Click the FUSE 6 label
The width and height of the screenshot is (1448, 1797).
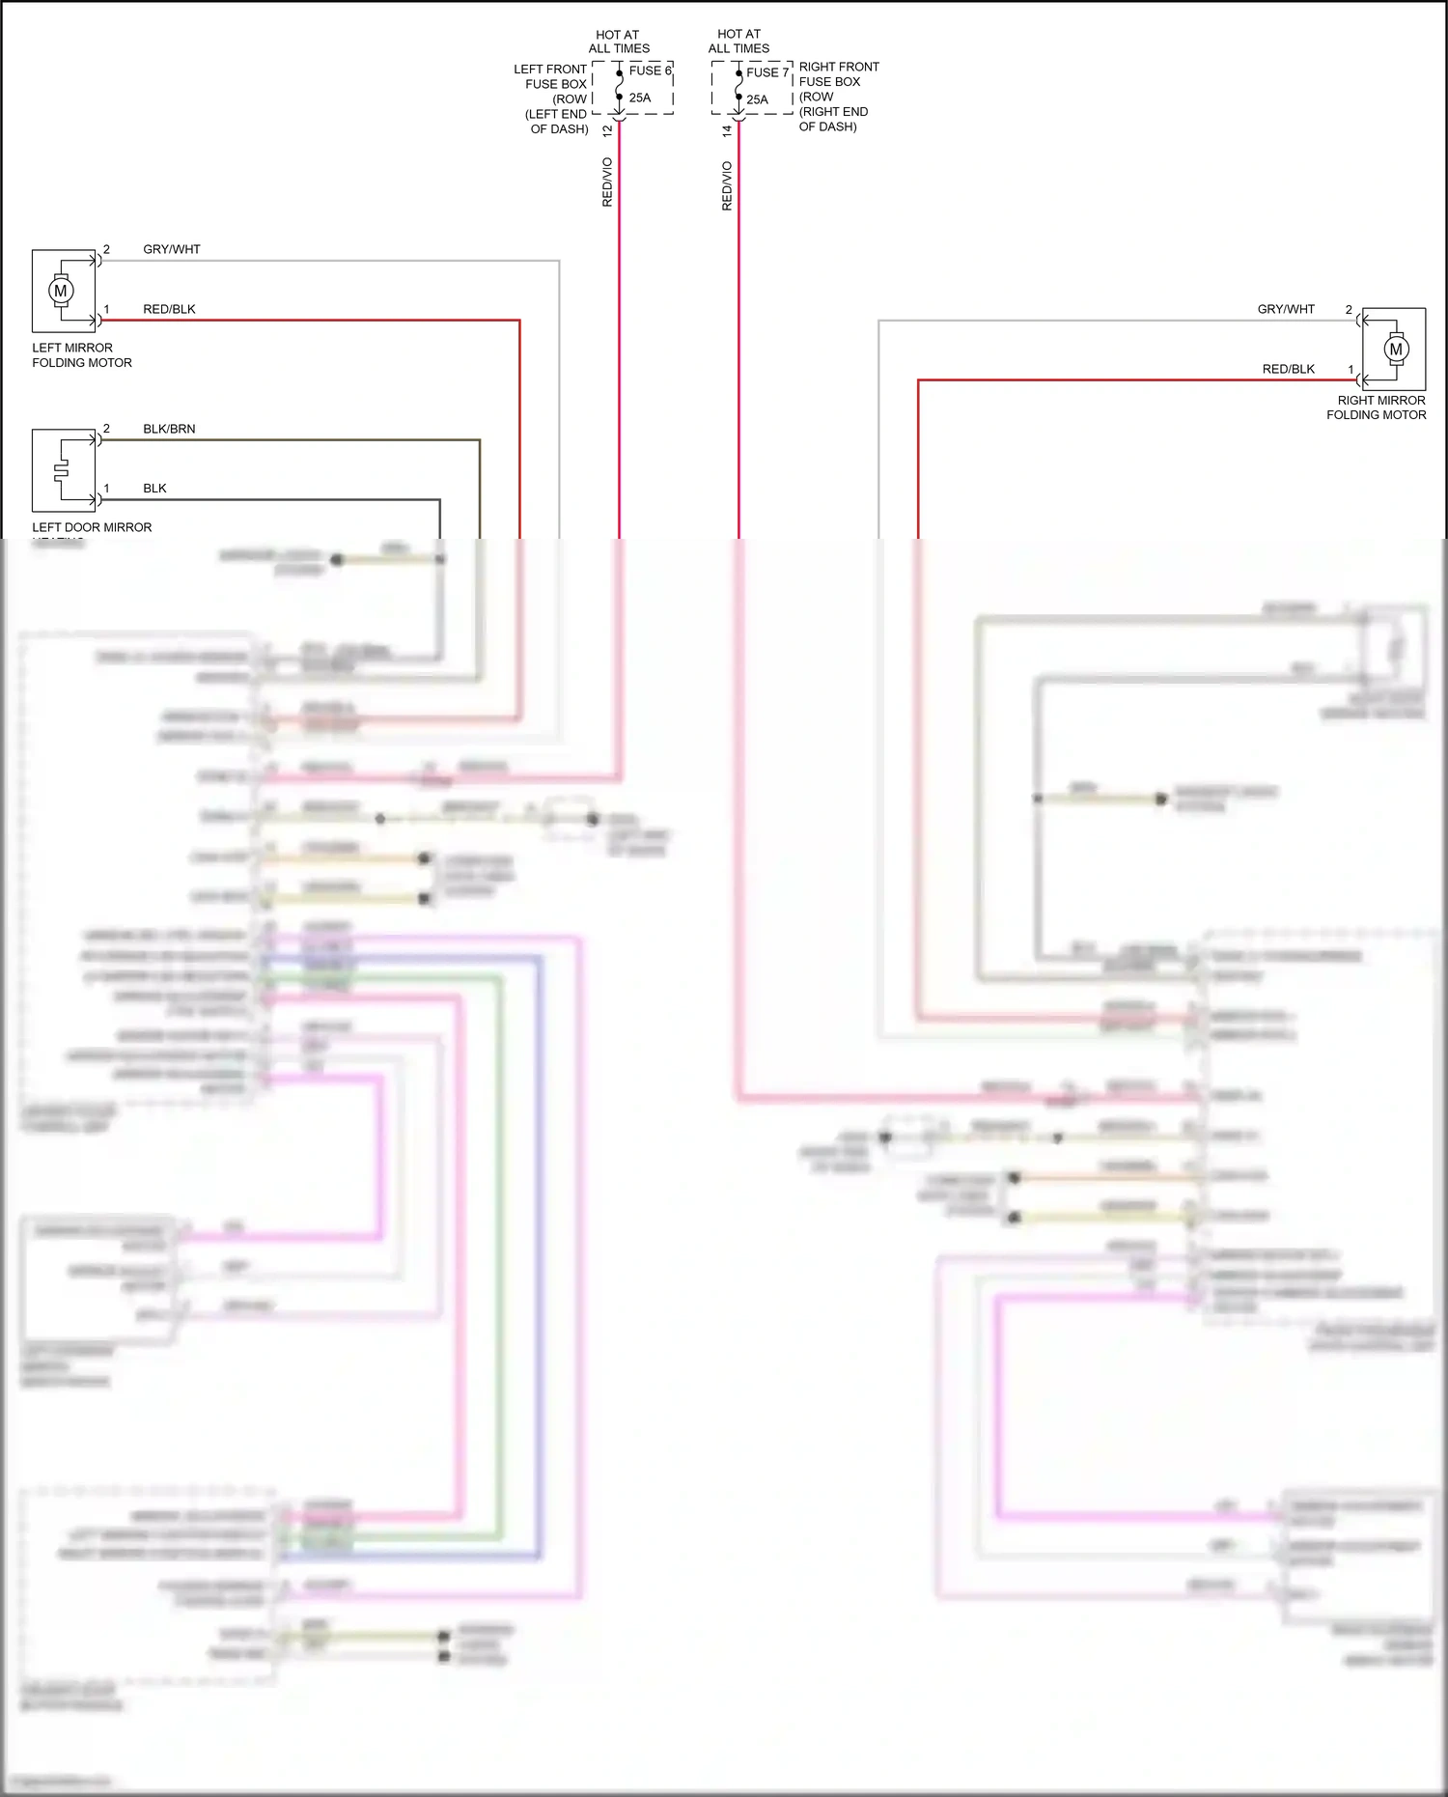tap(650, 70)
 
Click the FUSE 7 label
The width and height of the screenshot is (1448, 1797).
tap(766, 72)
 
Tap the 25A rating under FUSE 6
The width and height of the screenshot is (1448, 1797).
tap(640, 98)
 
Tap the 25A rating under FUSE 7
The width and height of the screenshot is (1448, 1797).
tap(758, 99)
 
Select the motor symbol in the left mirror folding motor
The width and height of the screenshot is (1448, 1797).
tap(62, 291)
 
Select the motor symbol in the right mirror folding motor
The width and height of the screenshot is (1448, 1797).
tap(1395, 350)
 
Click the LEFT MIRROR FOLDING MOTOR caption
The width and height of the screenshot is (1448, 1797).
tap(81, 355)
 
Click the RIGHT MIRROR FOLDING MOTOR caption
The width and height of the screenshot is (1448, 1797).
tap(1377, 407)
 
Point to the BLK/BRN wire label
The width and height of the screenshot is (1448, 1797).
tap(169, 429)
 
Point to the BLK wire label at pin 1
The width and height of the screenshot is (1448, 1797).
tap(154, 489)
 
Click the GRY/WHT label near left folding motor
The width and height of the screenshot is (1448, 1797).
tap(172, 249)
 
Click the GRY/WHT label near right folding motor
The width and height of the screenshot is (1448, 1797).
tap(1286, 309)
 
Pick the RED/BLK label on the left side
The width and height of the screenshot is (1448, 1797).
tap(169, 309)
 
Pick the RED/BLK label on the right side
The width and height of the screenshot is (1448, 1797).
tap(1289, 369)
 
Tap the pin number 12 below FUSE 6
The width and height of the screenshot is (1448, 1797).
tap(607, 130)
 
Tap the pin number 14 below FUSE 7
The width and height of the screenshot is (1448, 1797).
tap(727, 130)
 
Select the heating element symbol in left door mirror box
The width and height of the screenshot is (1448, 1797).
tap(62, 470)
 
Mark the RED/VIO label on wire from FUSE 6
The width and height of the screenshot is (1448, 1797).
tap(607, 182)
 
